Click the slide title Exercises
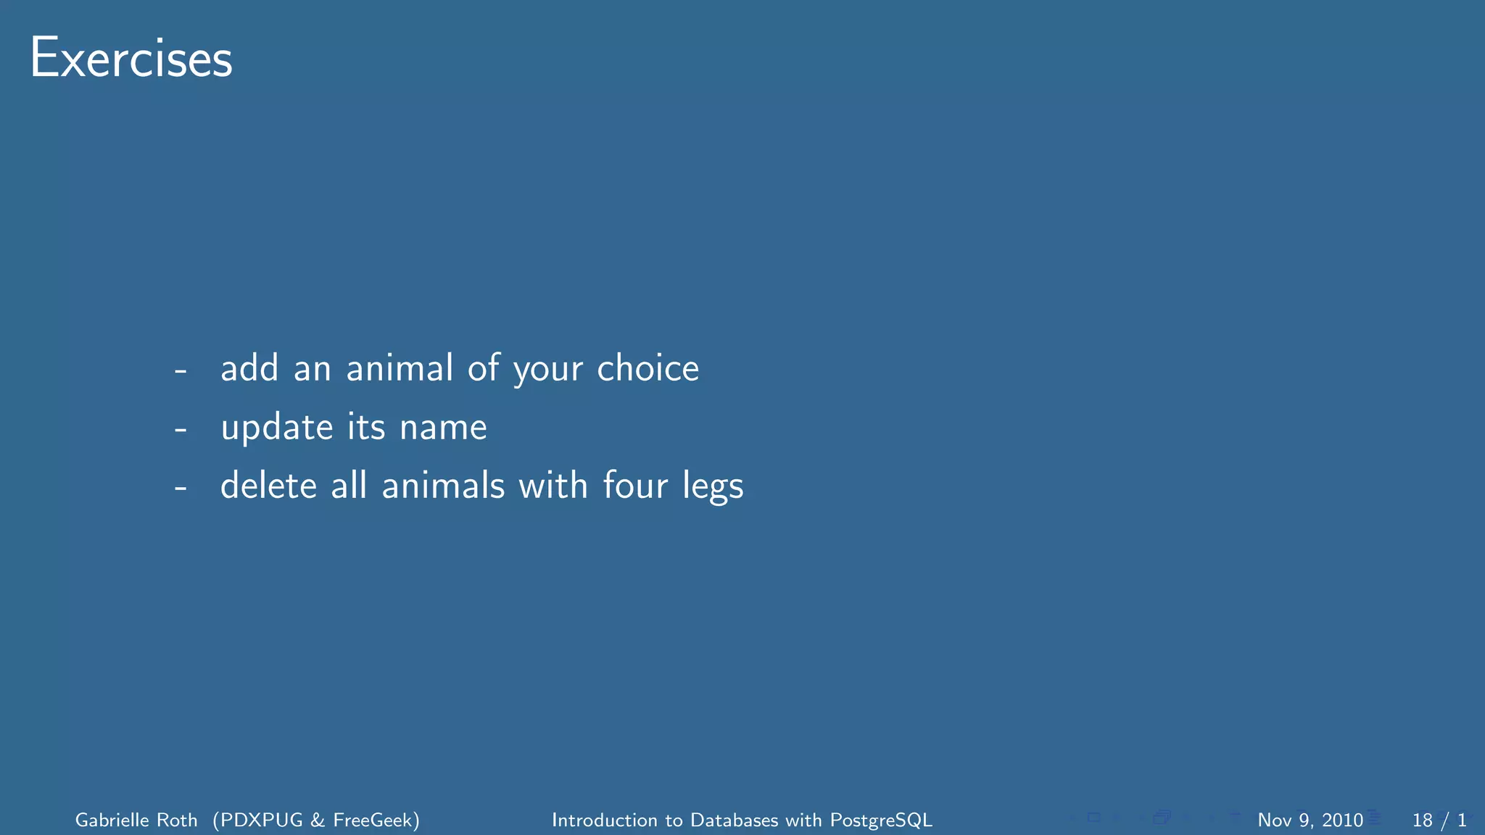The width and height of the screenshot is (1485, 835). click(131, 59)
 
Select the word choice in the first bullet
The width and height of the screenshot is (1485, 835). click(648, 368)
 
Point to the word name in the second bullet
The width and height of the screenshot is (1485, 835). click(443, 428)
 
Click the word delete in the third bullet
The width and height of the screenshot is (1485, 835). click(268, 486)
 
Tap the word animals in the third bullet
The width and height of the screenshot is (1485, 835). click(443, 486)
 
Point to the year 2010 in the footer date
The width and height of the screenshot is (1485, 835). click(1342, 820)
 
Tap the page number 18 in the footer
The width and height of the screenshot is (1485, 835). click(1422, 820)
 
